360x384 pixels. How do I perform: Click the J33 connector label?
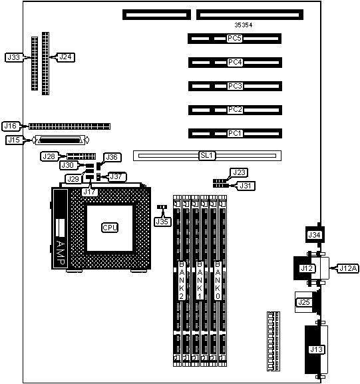click(x=14, y=57)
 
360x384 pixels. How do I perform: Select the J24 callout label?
click(x=65, y=57)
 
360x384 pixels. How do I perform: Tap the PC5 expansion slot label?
click(x=234, y=39)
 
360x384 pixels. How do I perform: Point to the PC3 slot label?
click(x=235, y=87)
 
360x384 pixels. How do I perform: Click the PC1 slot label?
click(x=235, y=134)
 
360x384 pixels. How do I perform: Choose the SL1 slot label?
click(x=207, y=156)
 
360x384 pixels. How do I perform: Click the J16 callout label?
click(x=11, y=126)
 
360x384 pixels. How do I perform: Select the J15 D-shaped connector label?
click(x=14, y=140)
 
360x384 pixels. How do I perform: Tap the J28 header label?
click(x=49, y=156)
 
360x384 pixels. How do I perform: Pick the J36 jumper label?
click(x=112, y=157)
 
